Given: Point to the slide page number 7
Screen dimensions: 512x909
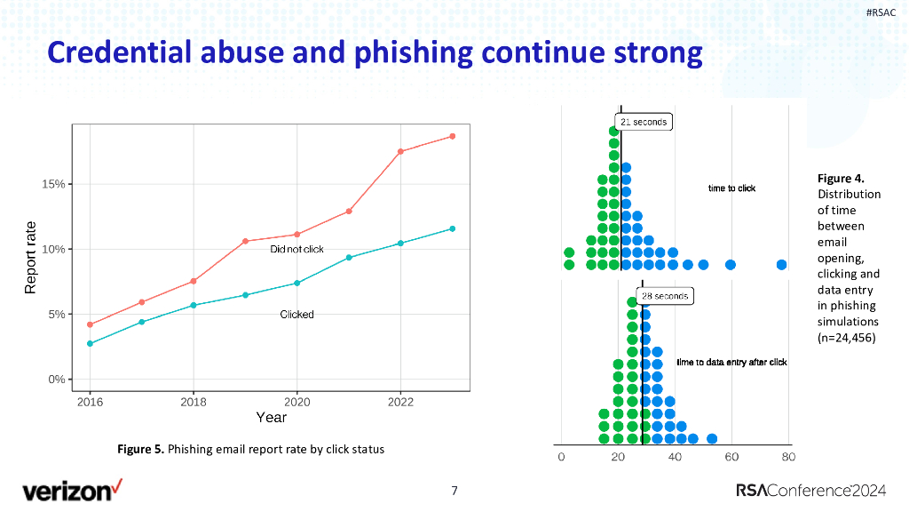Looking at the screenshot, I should click(x=454, y=491).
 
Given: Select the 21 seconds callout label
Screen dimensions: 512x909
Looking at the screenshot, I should click(x=644, y=122).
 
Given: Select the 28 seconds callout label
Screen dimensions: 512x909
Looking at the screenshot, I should click(x=665, y=296).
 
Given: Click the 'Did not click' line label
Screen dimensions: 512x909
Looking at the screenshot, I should click(x=297, y=249).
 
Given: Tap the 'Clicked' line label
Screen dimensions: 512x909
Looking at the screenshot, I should click(x=296, y=314).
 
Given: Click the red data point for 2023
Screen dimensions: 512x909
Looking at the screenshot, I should click(x=452, y=136).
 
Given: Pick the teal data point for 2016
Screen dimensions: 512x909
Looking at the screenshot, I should click(x=90, y=343).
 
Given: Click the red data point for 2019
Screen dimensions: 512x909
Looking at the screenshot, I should click(x=245, y=241).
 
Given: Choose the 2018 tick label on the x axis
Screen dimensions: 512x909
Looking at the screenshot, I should click(x=194, y=402).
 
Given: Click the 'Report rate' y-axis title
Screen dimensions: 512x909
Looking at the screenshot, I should click(x=30, y=258).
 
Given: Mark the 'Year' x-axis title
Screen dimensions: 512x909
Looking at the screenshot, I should click(x=271, y=417).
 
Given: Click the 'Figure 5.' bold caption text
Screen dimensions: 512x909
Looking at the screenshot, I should click(x=141, y=449).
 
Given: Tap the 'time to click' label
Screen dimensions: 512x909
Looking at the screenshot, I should click(x=731, y=188).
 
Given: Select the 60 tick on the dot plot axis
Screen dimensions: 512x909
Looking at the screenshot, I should click(x=731, y=457).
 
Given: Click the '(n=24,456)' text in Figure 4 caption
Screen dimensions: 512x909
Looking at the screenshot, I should click(x=847, y=337).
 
